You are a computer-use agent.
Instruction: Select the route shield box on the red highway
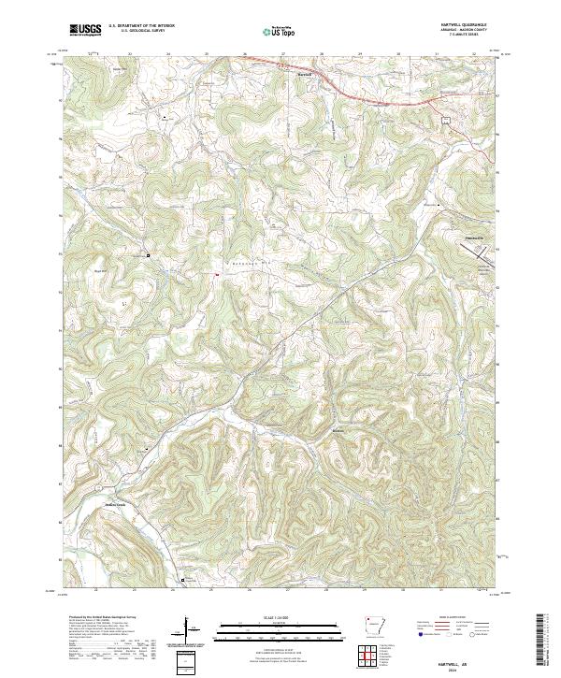pos(447,120)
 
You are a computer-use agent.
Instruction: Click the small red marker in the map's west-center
pos(217,274)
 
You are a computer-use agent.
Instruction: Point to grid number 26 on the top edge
pos(245,54)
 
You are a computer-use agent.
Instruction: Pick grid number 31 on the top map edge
pos(437,54)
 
